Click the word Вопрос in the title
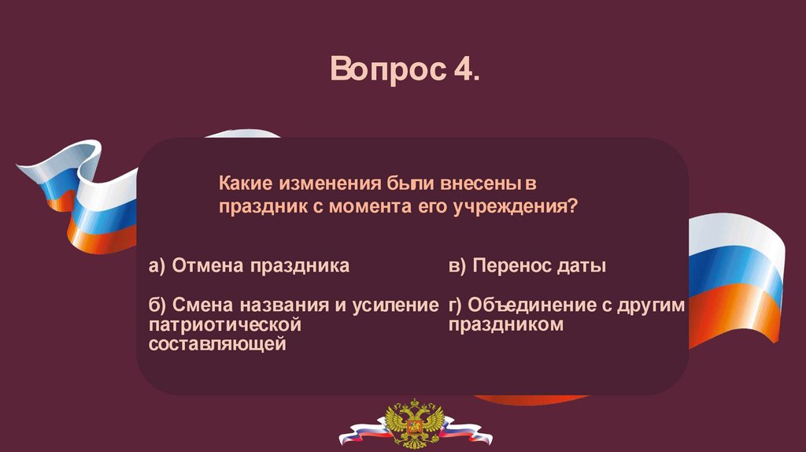click(388, 69)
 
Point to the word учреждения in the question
click(515, 207)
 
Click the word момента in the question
click(370, 207)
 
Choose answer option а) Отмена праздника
click(249, 266)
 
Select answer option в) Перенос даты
click(527, 266)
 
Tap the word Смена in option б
click(204, 305)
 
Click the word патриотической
click(224, 324)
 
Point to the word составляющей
click(217, 343)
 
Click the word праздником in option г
click(506, 324)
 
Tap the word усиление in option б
click(395, 306)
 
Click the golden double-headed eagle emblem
click(415, 424)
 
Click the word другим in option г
click(651, 306)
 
